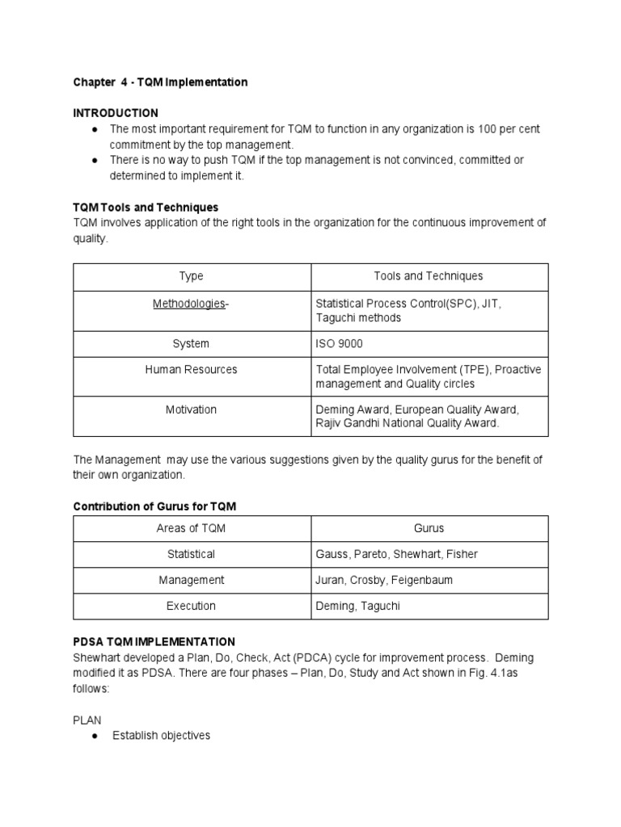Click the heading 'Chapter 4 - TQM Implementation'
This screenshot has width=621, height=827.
(160, 82)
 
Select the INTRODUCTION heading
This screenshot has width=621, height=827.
(116, 113)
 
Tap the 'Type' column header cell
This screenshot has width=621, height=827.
(192, 276)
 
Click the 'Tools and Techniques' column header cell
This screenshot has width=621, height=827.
(428, 276)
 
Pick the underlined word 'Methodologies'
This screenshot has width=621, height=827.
(189, 303)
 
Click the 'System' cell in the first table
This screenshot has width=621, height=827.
(192, 344)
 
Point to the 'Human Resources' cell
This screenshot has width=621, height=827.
(192, 370)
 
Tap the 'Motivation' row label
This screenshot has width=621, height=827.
(192, 409)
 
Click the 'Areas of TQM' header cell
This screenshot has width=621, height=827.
(192, 529)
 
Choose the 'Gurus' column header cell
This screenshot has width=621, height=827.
(429, 529)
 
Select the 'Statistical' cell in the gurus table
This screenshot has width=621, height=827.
(192, 554)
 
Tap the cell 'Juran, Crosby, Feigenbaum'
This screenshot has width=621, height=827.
(383, 580)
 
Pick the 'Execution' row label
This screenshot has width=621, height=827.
(192, 606)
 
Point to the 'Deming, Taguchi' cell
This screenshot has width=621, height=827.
(358, 606)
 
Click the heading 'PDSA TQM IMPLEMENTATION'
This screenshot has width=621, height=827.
(154, 641)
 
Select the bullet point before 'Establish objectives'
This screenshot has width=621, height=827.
(96, 736)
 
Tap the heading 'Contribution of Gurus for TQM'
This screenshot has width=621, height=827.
(154, 506)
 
